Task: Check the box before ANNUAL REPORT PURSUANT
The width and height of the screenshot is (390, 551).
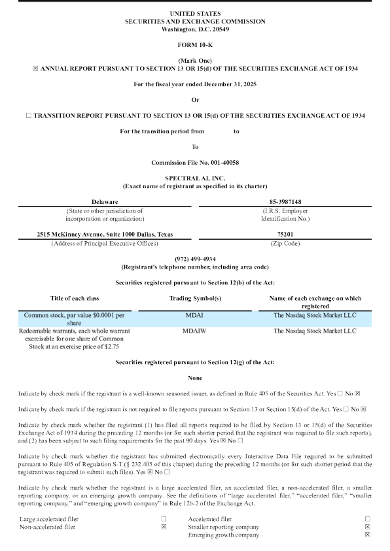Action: [x=26, y=67]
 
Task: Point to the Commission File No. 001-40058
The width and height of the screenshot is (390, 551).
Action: [x=195, y=162]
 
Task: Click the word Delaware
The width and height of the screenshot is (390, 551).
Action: [x=105, y=202]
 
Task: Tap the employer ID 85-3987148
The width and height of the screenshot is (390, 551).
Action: [x=285, y=202]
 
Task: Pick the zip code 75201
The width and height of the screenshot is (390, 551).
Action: [x=285, y=235]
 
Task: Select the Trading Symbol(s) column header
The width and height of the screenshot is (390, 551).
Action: [x=195, y=298]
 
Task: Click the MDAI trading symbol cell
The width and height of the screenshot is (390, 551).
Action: [x=195, y=315]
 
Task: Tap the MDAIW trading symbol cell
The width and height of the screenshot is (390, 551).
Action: [x=195, y=331]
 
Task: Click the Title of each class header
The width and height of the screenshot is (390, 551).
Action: [x=74, y=298]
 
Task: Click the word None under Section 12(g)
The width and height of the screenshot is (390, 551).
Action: [x=195, y=378]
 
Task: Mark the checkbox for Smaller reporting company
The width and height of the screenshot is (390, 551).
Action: [x=368, y=526]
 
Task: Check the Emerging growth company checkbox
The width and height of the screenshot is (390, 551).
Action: [x=368, y=535]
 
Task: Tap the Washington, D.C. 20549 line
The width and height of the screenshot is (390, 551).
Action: [x=195, y=29]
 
